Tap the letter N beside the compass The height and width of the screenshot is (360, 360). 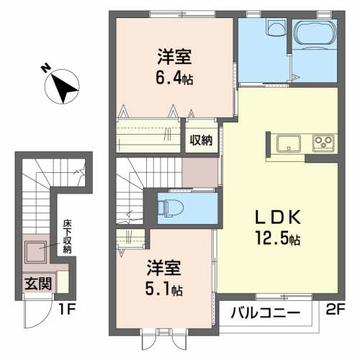point(45,69)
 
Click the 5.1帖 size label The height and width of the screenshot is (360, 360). point(166,291)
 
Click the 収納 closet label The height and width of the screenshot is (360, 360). point(201,140)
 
